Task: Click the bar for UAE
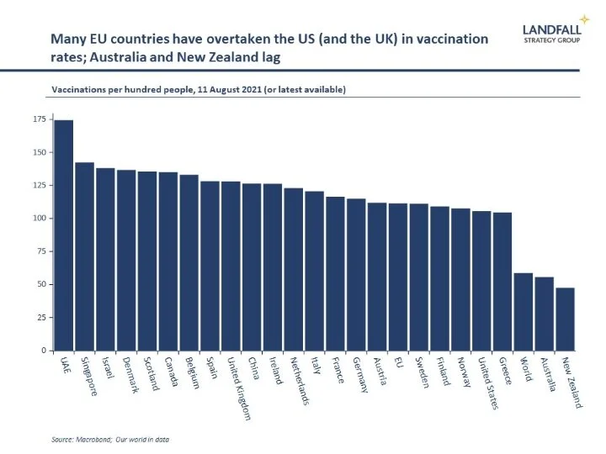click(64, 235)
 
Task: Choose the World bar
click(524, 312)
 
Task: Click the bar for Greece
click(502, 282)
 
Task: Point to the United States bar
click(481, 281)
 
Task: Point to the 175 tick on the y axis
click(40, 120)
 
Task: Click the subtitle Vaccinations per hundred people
click(199, 87)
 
